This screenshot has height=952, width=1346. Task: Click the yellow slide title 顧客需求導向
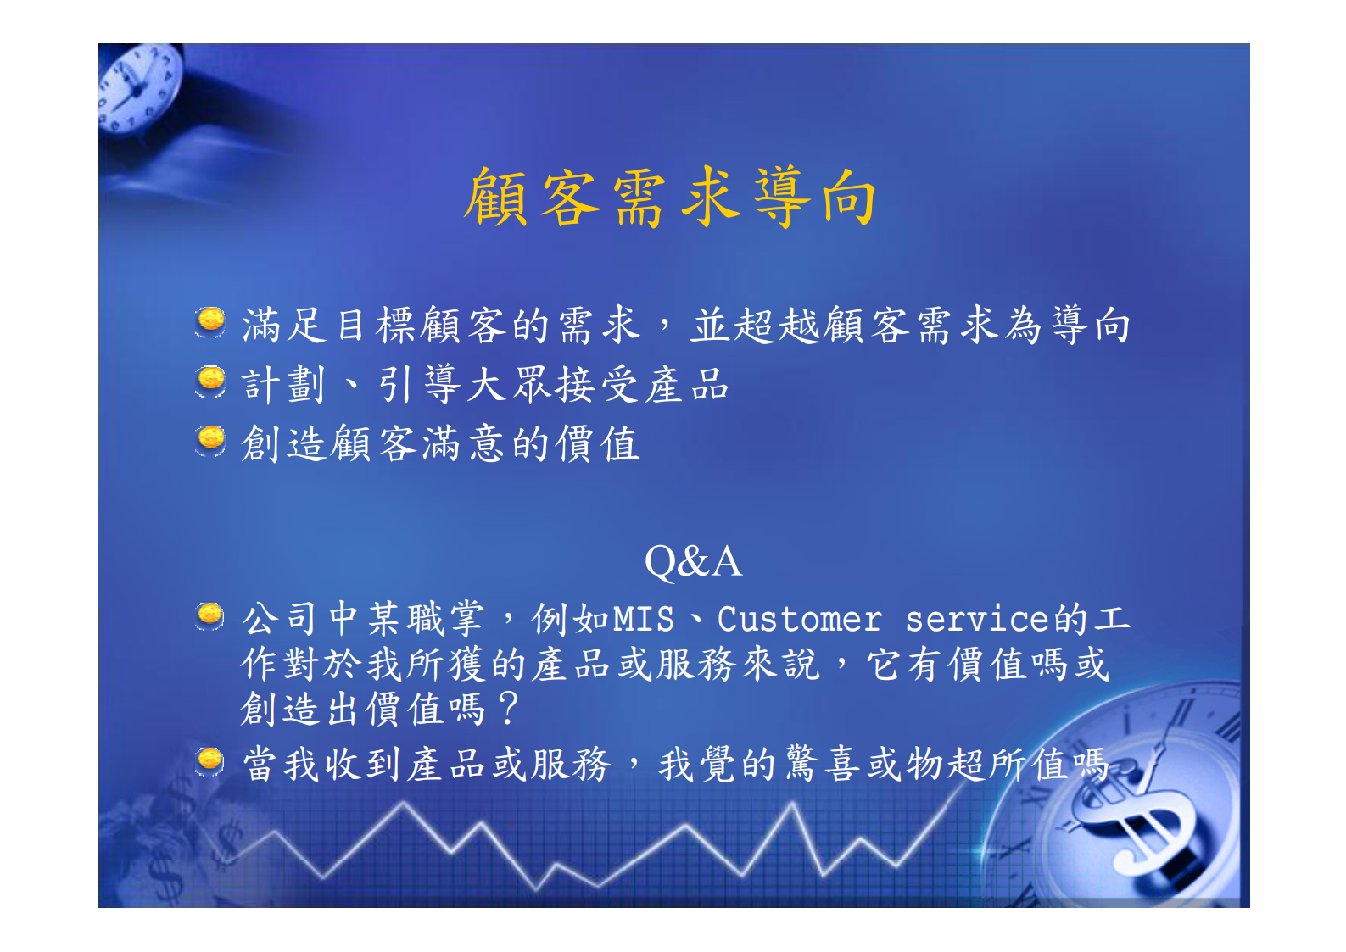coord(670,198)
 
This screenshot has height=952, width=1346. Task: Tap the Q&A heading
coord(693,561)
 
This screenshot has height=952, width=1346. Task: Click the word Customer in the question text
coord(799,620)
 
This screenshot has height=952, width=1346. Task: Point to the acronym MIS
coord(643,620)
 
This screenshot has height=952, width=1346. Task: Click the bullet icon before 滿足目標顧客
coord(210,322)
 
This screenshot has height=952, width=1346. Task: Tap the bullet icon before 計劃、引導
coord(210,381)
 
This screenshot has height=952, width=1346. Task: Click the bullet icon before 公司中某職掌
coord(210,615)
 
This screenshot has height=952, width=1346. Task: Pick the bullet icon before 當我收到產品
coord(210,760)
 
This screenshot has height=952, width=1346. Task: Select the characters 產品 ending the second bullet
coord(687,385)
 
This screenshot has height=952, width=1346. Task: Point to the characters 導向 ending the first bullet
coord(1091,326)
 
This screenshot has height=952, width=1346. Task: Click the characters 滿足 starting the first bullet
coord(284,326)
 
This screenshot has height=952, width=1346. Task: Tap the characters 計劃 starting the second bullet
coord(284,385)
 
